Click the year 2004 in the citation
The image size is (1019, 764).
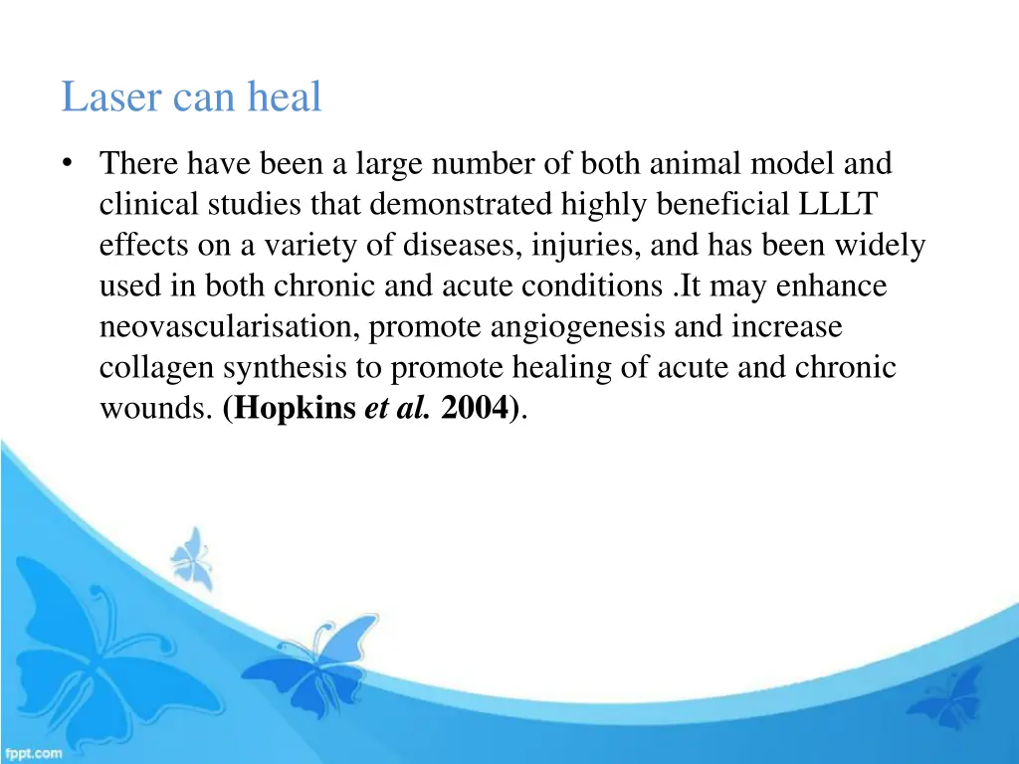(475, 409)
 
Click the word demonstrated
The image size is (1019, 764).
(448, 204)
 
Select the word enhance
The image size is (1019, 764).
(831, 286)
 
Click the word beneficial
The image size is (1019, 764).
(727, 204)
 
